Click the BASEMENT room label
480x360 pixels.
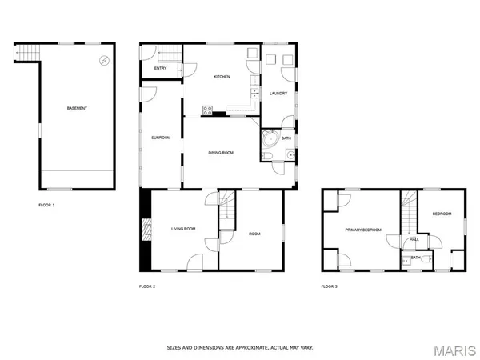(x=77, y=108)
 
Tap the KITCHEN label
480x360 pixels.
(x=222, y=77)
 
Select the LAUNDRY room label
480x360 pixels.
(x=278, y=92)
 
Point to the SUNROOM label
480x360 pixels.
(x=161, y=138)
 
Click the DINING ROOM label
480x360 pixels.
(x=221, y=152)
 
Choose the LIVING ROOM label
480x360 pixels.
(x=183, y=230)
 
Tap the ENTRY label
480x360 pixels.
(x=160, y=69)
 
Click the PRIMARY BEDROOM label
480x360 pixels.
(x=362, y=230)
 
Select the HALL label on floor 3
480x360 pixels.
(x=414, y=239)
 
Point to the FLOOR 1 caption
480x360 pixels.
(x=47, y=206)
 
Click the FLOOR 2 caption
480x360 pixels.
(x=147, y=286)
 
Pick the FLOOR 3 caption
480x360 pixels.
(x=329, y=286)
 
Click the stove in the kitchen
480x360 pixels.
(x=207, y=110)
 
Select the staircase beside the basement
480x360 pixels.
(x=27, y=53)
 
